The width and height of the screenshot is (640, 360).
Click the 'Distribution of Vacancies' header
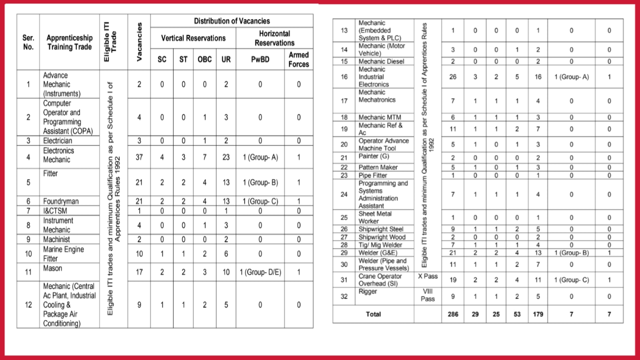[231, 21]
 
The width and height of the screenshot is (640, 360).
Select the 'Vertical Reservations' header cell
[193, 38]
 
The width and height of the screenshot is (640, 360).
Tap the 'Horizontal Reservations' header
[274, 38]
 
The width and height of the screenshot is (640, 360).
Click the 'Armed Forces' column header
[298, 59]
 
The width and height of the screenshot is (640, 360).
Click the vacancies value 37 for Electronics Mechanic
[139, 157]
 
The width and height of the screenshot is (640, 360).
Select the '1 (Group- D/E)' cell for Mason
[260, 272]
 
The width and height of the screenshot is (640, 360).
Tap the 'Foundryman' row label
[60, 201]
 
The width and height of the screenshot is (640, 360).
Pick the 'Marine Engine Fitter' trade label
[63, 253]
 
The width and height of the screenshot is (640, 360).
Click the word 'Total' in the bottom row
[373, 314]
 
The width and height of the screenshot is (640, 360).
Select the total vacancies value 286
[452, 314]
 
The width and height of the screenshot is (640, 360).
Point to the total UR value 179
[537, 314]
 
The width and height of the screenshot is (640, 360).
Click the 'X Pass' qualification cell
[427, 276]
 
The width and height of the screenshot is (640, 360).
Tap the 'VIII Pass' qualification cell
[427, 295]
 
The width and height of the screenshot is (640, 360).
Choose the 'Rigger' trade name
[367, 291]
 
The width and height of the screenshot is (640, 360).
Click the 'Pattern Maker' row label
[378, 167]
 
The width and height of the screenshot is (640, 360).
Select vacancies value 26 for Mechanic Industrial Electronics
[452, 77]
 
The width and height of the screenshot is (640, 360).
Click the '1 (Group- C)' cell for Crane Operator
[571, 280]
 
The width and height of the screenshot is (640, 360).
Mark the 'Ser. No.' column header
[28, 42]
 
